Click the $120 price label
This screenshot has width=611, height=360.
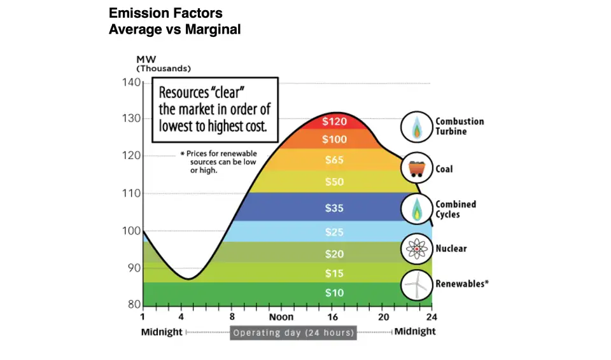pyautogui.click(x=334, y=121)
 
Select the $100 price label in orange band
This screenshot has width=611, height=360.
pyautogui.click(x=334, y=139)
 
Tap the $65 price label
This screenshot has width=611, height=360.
pyautogui.click(x=334, y=160)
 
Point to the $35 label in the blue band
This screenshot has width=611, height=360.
pyautogui.click(x=334, y=208)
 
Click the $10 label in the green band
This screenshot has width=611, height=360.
pyautogui.click(x=334, y=293)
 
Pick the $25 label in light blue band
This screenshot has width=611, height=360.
pyautogui.click(x=334, y=232)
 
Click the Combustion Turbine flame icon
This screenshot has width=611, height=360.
pyautogui.click(x=416, y=127)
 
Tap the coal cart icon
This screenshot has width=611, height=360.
pyautogui.click(x=416, y=169)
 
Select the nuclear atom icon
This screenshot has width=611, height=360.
pyautogui.click(x=416, y=249)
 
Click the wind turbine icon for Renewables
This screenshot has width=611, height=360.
pyautogui.click(x=416, y=285)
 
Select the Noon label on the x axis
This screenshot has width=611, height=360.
pyautogui.click(x=281, y=317)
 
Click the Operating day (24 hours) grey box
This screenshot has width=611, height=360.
pyautogui.click(x=293, y=333)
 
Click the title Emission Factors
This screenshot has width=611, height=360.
pyautogui.click(x=165, y=13)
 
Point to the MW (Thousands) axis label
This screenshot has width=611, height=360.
pyautogui.click(x=164, y=64)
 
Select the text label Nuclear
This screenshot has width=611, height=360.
pyautogui.click(x=451, y=248)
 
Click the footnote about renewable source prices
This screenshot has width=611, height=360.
pyautogui.click(x=214, y=162)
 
